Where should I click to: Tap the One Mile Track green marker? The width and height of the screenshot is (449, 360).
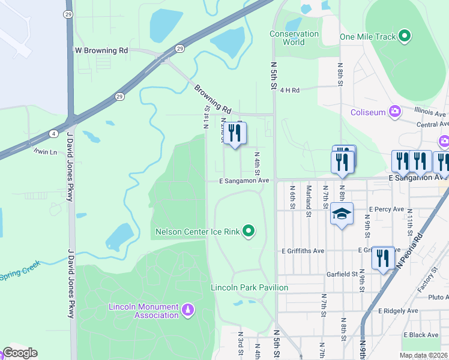(x=405, y=37)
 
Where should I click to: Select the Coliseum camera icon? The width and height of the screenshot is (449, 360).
(x=395, y=112)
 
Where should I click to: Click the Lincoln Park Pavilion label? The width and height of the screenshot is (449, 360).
(x=249, y=287)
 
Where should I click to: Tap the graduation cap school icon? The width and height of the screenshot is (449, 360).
(x=342, y=214)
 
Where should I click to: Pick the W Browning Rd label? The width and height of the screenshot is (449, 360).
(x=101, y=51)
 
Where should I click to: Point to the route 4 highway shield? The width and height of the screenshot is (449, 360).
(x=54, y=133)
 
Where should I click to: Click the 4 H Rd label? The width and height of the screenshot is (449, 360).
(x=289, y=89)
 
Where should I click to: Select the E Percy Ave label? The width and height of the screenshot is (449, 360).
(x=388, y=209)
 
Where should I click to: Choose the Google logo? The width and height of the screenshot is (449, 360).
(x=20, y=353)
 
